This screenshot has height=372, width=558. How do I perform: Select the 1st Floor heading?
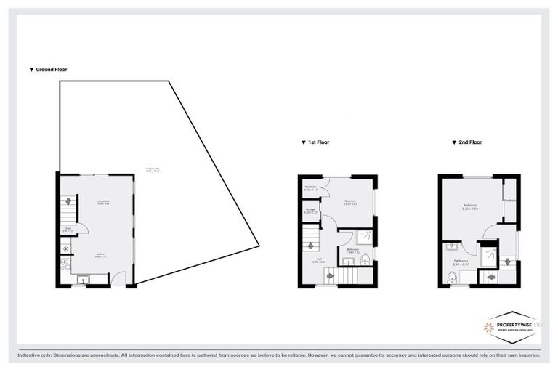317,142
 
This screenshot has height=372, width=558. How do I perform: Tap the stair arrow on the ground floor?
65,202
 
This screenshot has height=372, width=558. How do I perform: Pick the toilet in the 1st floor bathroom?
365,257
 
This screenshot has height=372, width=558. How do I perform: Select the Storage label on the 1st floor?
310,211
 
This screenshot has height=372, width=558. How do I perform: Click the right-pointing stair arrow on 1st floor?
331,275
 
